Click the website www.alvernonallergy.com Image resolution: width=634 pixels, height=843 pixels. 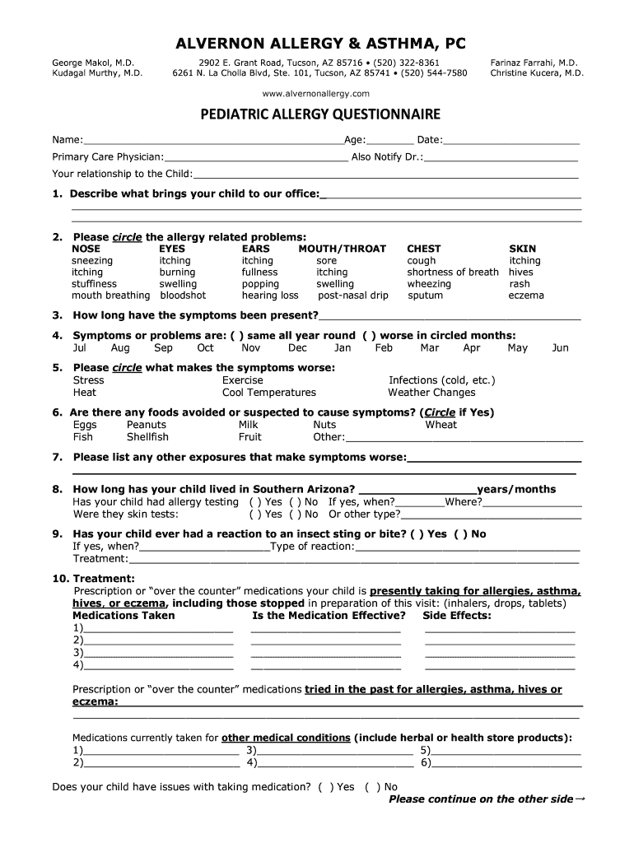coord(317,94)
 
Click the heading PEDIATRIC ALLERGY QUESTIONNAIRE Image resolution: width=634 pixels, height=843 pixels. coord(316,114)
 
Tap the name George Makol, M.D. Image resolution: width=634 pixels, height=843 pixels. coord(93,63)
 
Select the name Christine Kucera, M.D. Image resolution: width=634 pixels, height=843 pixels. coord(537,73)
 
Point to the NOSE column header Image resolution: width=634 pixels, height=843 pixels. coord(86,249)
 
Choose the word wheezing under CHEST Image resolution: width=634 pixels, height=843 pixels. coord(429,284)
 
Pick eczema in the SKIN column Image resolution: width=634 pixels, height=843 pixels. coord(526,296)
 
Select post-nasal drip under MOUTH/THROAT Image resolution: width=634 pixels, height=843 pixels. coord(353,296)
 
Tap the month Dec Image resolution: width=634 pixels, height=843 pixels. coord(297,348)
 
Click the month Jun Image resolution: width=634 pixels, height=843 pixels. coord(560,348)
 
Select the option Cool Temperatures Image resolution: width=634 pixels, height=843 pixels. coord(268,393)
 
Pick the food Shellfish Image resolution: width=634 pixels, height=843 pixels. coord(147,437)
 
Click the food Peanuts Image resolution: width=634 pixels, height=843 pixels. coord(147,425)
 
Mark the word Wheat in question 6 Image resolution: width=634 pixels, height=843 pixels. coord(441,425)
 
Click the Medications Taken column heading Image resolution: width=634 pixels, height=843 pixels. coord(124,616)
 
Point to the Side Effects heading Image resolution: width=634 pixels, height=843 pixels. coord(456,616)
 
